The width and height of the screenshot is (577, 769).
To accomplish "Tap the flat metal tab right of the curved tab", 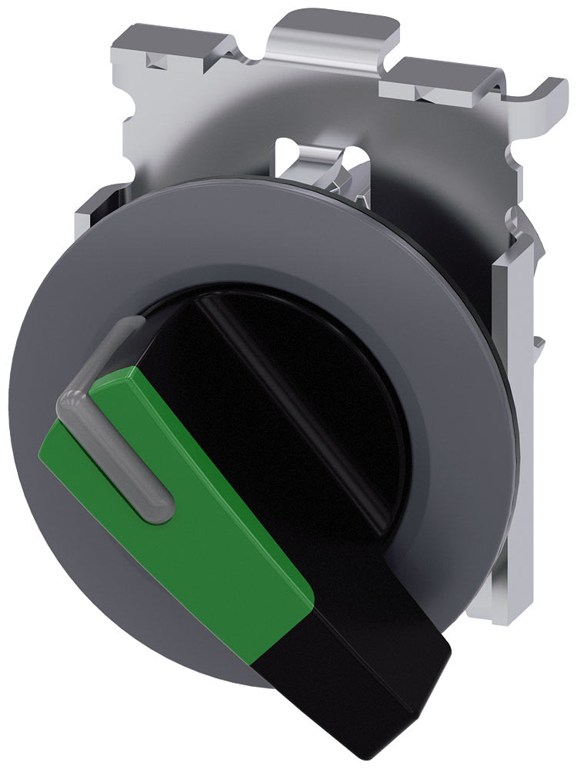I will (431, 77).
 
